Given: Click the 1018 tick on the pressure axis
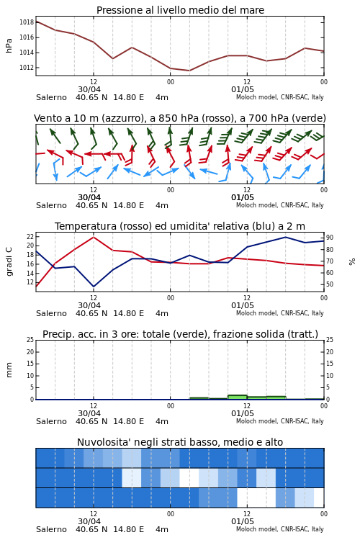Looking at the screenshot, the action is click(x=27, y=22).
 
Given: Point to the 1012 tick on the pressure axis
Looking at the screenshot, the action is click(x=27, y=68).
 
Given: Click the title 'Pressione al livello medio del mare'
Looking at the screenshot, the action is click(x=180, y=10).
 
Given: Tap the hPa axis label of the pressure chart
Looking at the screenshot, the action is click(x=9, y=45).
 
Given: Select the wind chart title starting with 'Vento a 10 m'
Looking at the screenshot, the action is click(x=180, y=119).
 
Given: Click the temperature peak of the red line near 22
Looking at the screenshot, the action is click(x=94, y=237).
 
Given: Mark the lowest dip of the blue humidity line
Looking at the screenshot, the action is click(x=94, y=287).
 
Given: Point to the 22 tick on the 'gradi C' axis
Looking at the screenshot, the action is click(x=30, y=237).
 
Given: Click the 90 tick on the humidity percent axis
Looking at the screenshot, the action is click(x=330, y=238).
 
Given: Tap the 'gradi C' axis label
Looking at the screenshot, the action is click(x=9, y=261).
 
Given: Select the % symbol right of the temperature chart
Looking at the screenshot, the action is click(x=352, y=262).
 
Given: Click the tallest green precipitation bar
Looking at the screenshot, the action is click(x=238, y=397).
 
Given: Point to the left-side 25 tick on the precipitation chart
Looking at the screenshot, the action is click(x=30, y=340).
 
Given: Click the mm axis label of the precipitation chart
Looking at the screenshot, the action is click(x=9, y=370).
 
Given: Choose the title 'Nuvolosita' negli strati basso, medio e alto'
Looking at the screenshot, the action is click(x=180, y=442).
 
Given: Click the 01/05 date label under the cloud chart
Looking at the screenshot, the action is click(x=243, y=521).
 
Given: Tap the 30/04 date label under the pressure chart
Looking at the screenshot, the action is click(x=89, y=89).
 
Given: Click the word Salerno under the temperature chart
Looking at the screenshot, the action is click(x=51, y=313).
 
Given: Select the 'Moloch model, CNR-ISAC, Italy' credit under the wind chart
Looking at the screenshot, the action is click(x=280, y=205).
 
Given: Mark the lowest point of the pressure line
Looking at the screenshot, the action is click(x=189, y=71).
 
